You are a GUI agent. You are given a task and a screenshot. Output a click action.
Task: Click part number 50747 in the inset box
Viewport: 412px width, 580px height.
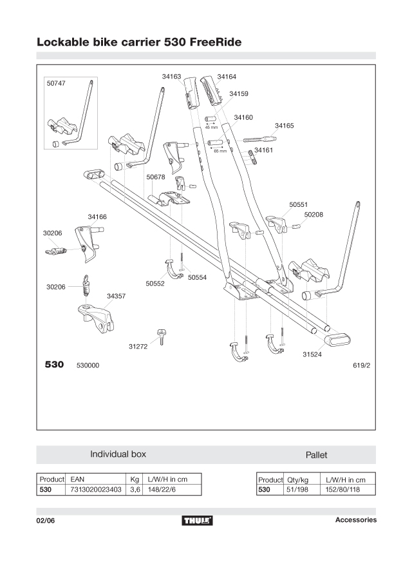[x=56, y=84]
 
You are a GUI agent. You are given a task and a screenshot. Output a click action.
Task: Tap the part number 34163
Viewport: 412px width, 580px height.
[x=171, y=76]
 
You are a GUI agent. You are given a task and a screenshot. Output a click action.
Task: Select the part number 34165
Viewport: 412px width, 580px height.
[x=284, y=126]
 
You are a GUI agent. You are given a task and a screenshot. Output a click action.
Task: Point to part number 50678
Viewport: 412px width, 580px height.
[x=156, y=177]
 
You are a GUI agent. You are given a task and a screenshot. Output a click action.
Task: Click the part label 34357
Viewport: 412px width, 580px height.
[x=116, y=296]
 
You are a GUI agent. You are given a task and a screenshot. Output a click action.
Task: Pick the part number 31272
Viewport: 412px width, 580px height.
[x=138, y=347]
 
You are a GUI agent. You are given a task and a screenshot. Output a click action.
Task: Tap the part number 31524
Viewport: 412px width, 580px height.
[x=312, y=354]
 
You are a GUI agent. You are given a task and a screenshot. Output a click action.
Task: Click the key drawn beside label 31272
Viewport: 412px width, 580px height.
[x=161, y=335]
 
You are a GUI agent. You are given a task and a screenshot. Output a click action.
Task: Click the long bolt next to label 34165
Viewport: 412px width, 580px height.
[x=259, y=139]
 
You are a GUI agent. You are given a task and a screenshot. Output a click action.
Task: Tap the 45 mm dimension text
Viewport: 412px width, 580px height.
[x=211, y=127]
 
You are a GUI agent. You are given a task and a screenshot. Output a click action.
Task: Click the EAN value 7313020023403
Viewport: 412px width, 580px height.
[x=96, y=490]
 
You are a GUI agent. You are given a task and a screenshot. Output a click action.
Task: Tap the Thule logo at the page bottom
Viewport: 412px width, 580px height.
[x=198, y=520]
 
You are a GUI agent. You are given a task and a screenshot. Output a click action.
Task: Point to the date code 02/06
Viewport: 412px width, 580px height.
[x=46, y=521]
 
